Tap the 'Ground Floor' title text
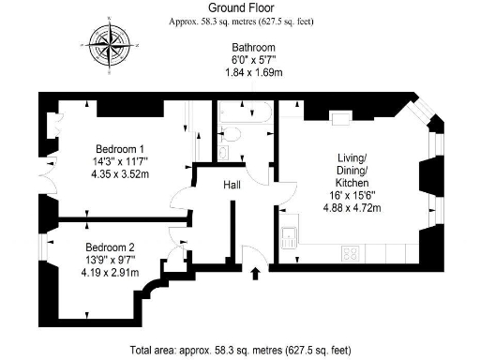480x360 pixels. tap(239, 7)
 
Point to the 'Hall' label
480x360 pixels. tap(232, 186)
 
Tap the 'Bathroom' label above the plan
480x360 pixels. tap(253, 46)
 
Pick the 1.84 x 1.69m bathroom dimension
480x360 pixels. tap(253, 70)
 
